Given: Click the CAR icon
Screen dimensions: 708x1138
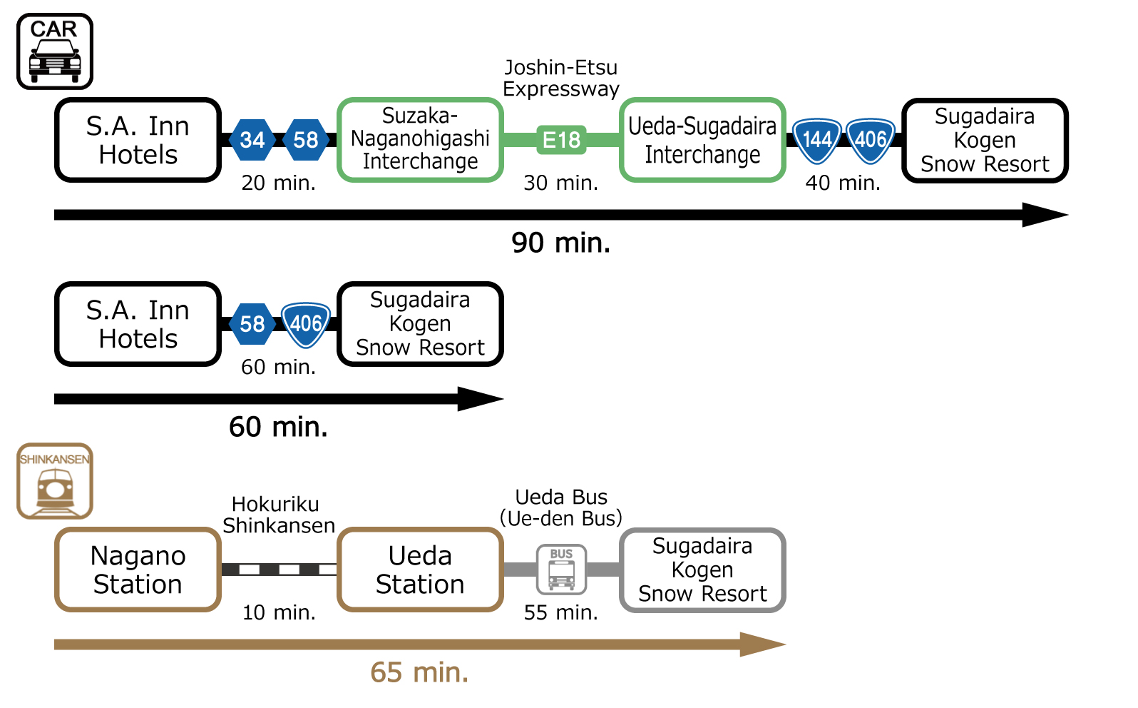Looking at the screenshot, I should (x=55, y=51).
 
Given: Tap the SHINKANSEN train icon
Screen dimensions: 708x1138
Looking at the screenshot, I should (x=55, y=481).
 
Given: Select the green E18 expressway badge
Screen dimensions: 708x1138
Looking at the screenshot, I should (x=561, y=140).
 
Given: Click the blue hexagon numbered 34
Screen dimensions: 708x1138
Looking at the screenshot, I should (x=252, y=140).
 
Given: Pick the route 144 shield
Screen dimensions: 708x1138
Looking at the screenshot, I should (x=817, y=139).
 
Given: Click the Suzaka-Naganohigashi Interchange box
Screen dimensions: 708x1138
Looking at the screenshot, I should (x=420, y=140).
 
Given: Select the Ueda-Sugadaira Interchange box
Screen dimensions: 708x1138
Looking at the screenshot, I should (x=702, y=140).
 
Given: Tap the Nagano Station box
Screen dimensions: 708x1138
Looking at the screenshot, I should (x=138, y=570).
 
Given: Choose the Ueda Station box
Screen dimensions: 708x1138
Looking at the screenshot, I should (x=420, y=570).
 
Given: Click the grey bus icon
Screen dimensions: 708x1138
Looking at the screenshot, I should (x=561, y=569).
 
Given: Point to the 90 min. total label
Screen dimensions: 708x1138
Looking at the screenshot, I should (x=561, y=243).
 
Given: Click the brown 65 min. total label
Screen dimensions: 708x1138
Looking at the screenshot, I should (x=419, y=672).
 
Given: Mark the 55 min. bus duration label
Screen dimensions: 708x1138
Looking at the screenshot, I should (x=561, y=612).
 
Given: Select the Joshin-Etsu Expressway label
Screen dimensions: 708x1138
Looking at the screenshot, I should (x=561, y=78).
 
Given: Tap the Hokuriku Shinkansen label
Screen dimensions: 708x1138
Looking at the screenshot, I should (x=278, y=515).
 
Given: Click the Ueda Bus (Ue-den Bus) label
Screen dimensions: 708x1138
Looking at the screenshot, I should (x=561, y=507).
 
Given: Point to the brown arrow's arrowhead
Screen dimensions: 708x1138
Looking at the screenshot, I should (x=763, y=644).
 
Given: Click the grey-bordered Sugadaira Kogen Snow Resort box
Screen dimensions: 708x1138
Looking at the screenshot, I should (x=702, y=570).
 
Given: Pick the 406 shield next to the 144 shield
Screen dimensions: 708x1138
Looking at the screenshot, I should (x=871, y=139).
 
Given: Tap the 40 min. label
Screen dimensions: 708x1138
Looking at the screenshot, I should (x=843, y=183).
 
